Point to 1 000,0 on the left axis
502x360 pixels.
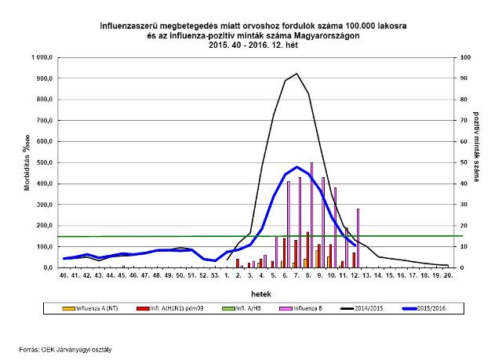tap(41, 58)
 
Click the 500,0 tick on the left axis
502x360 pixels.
tap(42, 162)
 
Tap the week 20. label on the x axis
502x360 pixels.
tap(447, 276)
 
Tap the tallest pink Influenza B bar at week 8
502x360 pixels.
tap(312, 216)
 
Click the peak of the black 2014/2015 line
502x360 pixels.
tap(296, 74)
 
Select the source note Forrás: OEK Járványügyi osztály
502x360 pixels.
tap(66, 349)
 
